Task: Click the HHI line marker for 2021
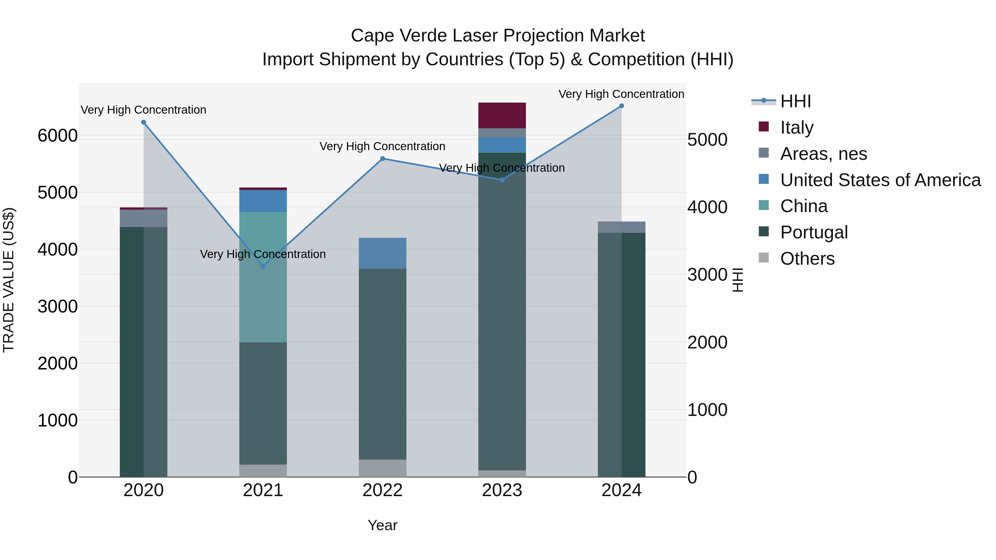pos(263,266)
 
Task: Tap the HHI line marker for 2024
pos(621,106)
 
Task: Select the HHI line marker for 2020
pos(143,122)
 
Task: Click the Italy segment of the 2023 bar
pos(502,115)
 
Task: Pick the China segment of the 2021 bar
pos(263,277)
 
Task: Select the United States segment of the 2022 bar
pos(382,253)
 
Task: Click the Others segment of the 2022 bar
pos(382,468)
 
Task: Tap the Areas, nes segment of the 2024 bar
pos(621,227)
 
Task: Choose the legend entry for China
pos(803,206)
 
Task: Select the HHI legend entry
pos(795,101)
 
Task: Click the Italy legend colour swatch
pos(764,126)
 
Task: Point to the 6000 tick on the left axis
pos(57,136)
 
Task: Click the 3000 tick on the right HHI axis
pos(707,275)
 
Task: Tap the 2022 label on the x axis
pos(382,490)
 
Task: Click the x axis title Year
pos(382,525)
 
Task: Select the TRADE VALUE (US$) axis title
pos(9,280)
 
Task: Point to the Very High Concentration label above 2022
pos(382,147)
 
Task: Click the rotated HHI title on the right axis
pos(737,280)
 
